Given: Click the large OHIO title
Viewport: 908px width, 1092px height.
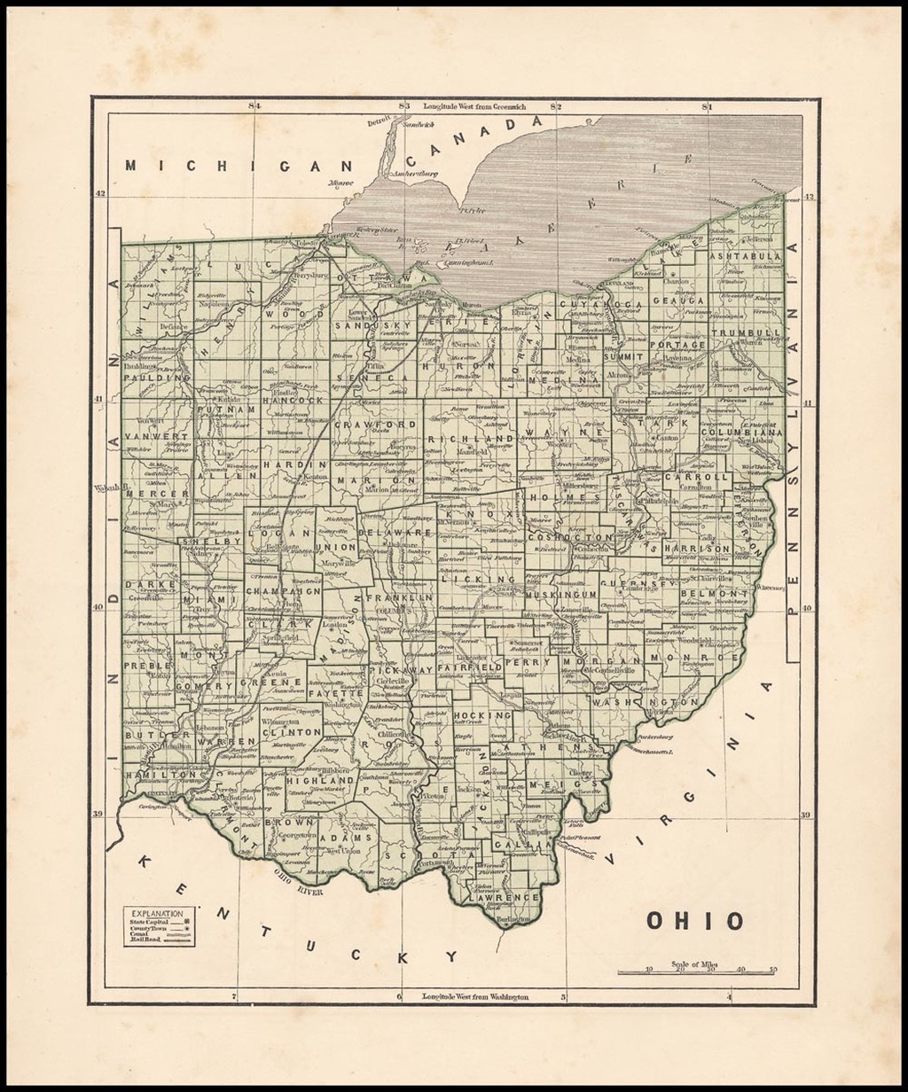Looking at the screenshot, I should [x=694, y=921].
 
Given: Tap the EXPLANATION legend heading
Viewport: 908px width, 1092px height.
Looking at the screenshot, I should [x=158, y=913].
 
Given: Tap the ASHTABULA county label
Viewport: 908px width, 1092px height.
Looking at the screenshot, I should [x=745, y=255].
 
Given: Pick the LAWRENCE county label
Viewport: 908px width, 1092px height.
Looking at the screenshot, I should [x=509, y=897].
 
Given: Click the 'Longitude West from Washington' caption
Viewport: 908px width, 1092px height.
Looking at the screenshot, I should [x=474, y=996].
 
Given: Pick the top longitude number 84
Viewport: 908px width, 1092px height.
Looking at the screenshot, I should [x=254, y=107].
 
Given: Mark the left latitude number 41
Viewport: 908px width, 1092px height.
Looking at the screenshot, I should [x=100, y=399].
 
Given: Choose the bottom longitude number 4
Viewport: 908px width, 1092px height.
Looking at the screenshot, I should [x=729, y=996].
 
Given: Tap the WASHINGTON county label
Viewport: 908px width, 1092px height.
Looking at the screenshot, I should [x=635, y=701].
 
